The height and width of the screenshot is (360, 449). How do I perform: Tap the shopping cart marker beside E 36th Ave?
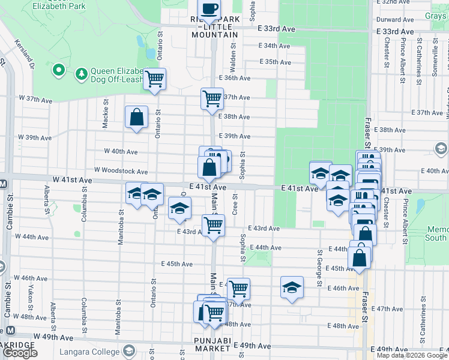pyautogui.click(x=155, y=79)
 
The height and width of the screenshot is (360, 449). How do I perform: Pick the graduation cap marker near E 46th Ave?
pyautogui.click(x=292, y=287)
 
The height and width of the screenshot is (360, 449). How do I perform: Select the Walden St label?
pyautogui.click(x=232, y=55)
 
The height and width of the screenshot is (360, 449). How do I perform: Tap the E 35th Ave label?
pyautogui.click(x=276, y=62)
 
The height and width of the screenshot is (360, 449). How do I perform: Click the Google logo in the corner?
pyautogui.click(x=20, y=353)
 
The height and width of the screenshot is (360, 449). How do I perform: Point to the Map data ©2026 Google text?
pyautogui.click(x=412, y=355)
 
